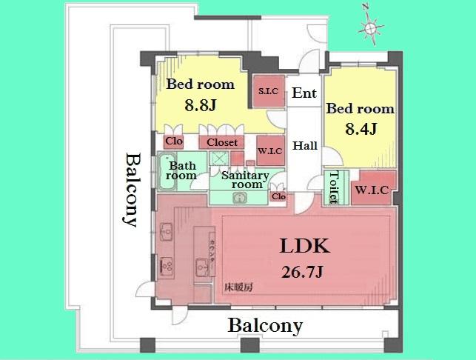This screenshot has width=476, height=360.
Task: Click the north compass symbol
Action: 369,28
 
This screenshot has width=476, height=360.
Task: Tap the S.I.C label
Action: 267,92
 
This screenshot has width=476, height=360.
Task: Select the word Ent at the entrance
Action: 304,93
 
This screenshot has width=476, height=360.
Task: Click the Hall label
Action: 304,145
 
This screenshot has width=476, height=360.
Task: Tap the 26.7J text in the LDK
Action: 303,272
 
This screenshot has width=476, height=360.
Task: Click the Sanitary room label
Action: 245,179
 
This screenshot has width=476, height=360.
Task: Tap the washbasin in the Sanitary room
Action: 239,198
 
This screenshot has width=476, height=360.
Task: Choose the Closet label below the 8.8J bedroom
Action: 222,142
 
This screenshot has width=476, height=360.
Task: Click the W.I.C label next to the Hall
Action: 268,152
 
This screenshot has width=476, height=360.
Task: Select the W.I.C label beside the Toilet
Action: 372,190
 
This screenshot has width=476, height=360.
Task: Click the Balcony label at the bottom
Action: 265,325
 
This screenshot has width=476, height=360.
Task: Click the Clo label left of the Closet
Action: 173,141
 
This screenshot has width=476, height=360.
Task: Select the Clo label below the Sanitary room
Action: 278,196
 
